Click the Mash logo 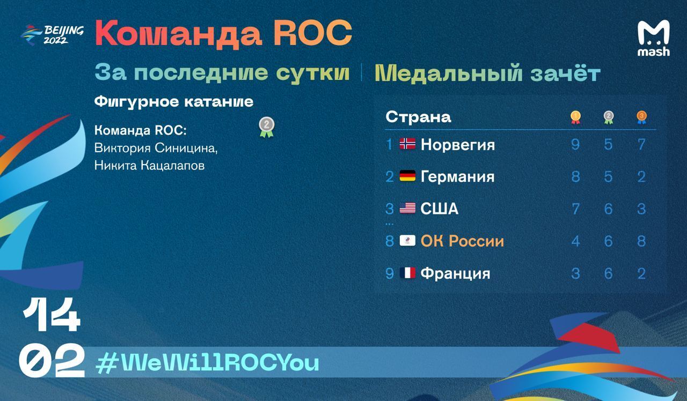coord(654,38)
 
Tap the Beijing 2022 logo coord(52,35)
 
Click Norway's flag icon coord(407,144)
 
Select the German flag coord(407,176)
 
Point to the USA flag coord(407,208)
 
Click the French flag coord(407,273)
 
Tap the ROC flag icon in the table coord(407,241)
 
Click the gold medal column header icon coord(575,117)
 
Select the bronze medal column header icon coord(641,117)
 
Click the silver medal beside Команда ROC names coord(267,128)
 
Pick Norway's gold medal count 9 coord(575,144)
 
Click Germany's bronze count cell coord(641,177)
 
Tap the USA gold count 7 coord(575,209)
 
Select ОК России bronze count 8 coord(641,241)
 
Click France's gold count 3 coord(575,273)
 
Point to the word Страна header coord(418,117)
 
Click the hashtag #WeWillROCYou coord(208,363)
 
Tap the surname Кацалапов coord(173,166)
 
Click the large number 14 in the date coord(52,315)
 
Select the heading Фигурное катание coord(174,102)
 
